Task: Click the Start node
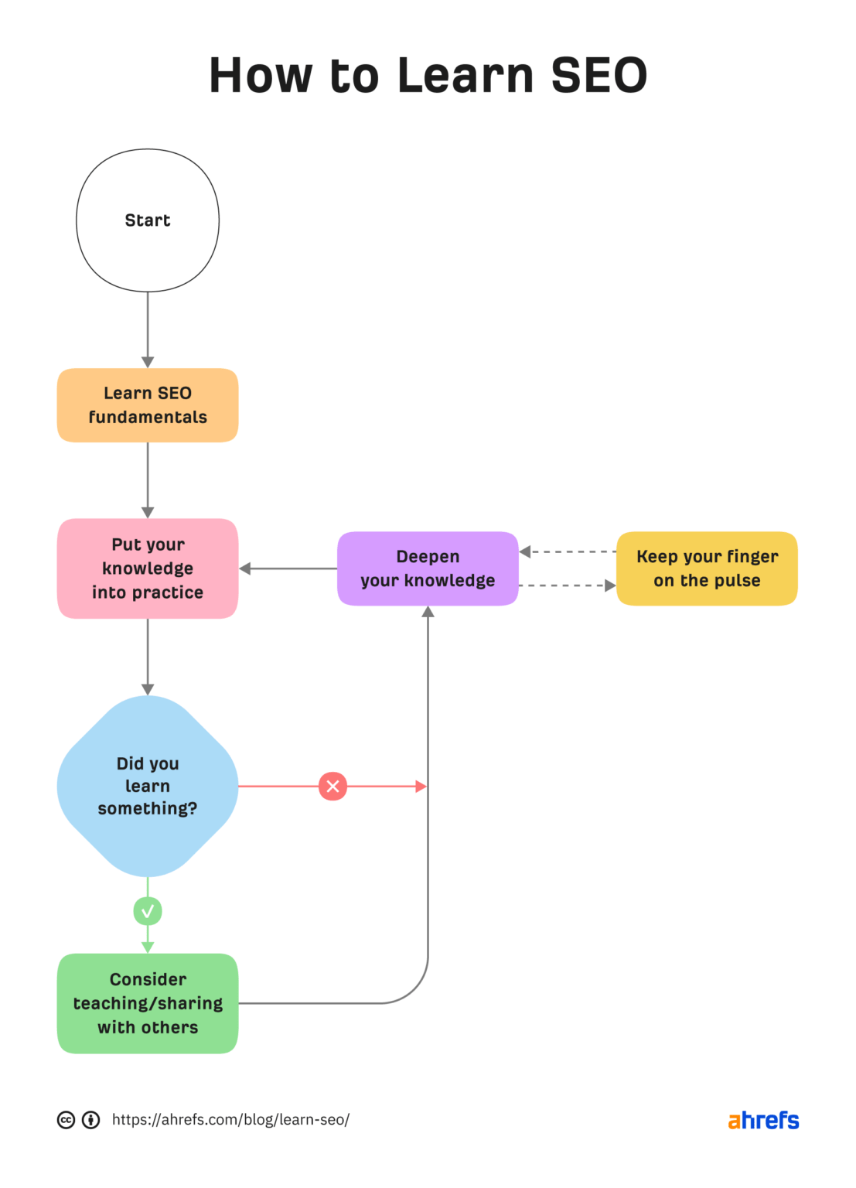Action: coord(148,220)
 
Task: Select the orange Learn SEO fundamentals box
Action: coord(148,405)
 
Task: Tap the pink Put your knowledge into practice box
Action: coord(148,568)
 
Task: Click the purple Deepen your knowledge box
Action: coord(428,568)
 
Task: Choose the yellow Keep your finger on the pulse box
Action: coord(707,568)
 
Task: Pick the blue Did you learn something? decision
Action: coord(148,786)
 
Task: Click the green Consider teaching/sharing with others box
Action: coord(148,1003)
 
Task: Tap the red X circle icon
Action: coord(333,787)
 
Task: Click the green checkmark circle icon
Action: coord(148,911)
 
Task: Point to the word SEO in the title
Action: coord(599,76)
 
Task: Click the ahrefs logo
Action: coord(763,1120)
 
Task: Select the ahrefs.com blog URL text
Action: coord(230,1120)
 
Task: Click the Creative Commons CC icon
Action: coord(67,1120)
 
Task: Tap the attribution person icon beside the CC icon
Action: coord(91,1120)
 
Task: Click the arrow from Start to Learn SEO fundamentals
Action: coord(148,329)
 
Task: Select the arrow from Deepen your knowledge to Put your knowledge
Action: coord(288,568)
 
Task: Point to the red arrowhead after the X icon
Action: coord(421,787)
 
